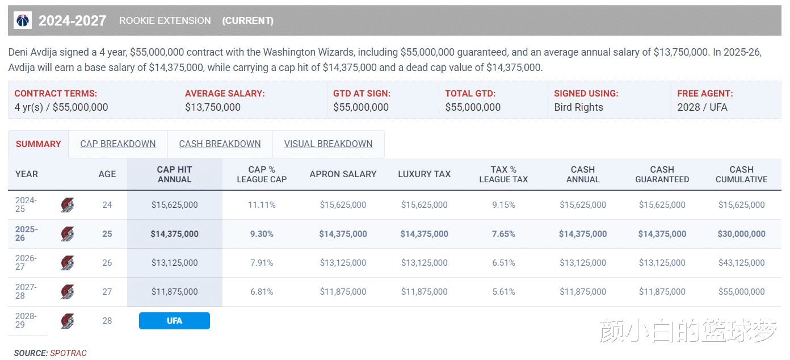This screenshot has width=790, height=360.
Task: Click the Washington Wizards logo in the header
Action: tap(23, 21)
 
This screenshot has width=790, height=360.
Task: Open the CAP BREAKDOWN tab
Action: tap(118, 144)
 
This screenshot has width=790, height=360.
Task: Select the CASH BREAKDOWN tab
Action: tap(220, 144)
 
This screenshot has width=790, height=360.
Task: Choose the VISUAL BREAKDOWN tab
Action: tap(329, 144)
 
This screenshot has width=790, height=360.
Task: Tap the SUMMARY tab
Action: tap(39, 144)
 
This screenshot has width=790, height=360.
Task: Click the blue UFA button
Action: tap(174, 321)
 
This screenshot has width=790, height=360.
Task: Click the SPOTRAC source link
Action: tap(68, 353)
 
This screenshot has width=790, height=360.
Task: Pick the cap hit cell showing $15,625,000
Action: tap(175, 205)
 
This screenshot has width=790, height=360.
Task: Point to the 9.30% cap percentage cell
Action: tap(262, 234)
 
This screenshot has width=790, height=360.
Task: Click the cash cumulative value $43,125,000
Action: tap(741, 263)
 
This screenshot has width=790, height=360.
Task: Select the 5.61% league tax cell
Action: tap(503, 292)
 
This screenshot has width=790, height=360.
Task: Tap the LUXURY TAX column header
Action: tap(425, 174)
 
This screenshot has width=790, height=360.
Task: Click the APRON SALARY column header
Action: tap(343, 174)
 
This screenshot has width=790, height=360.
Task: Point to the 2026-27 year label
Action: tap(26, 263)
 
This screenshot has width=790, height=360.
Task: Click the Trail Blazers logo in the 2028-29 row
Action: tap(68, 321)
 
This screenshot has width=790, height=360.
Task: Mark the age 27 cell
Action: tap(107, 292)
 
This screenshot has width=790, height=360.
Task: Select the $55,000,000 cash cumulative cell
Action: tap(741, 292)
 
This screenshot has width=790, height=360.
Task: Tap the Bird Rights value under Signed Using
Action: tap(578, 107)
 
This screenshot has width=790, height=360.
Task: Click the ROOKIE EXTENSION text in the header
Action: tap(165, 21)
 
